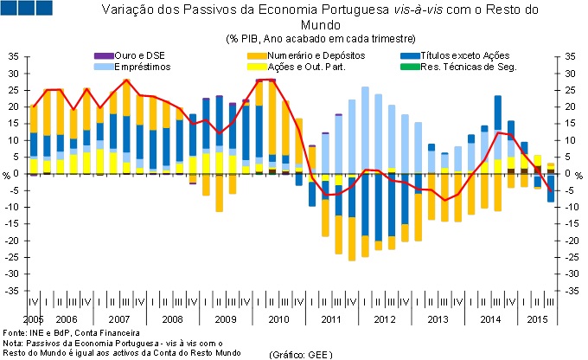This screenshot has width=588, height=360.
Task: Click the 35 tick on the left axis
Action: click(12, 56)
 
